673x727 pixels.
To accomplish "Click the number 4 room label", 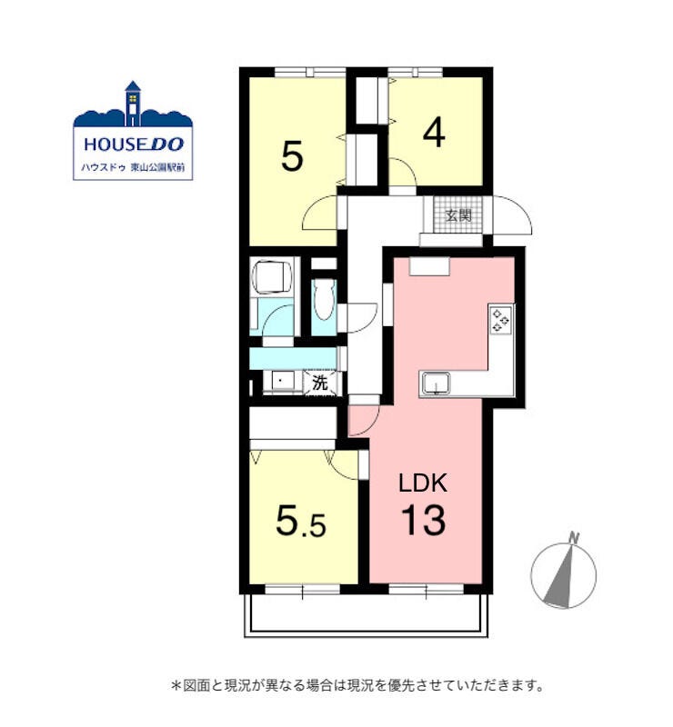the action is pos(434,133).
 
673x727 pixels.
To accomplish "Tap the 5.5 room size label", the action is pos(301,521).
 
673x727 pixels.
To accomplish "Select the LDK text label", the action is pos(424,483).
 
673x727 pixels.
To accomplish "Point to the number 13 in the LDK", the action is pos(423,520).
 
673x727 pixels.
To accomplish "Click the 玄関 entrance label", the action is pos(458,215).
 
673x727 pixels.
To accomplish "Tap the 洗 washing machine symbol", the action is pos(320,383).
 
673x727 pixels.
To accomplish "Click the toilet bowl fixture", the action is pos(324,300).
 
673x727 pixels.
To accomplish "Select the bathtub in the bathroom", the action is pos(272,276).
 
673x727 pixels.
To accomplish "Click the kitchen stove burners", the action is pos(501,320).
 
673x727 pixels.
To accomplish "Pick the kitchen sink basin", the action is pos(435,384).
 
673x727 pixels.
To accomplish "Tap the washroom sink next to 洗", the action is pos(282,382).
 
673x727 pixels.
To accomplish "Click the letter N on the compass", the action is pos(575,538).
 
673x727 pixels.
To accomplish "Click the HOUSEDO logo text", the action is pos(134,144).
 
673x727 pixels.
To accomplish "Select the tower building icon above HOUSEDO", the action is pos(133,104).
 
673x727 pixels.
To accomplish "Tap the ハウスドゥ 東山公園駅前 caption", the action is pos(133,168).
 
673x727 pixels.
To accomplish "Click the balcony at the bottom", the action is pos(366,615).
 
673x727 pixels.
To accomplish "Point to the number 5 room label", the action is pos(293,156).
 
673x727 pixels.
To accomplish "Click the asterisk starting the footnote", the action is pos(176,685).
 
